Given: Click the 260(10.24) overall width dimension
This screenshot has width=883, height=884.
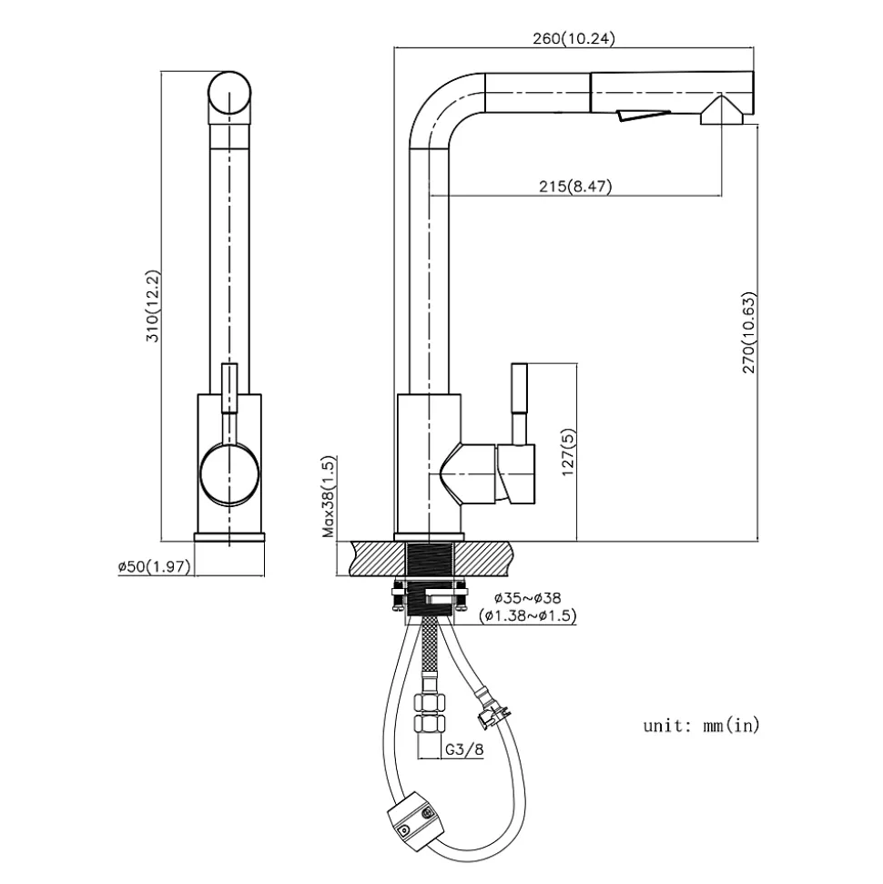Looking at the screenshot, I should click(x=576, y=38).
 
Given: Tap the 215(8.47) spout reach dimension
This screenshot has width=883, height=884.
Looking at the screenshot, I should click(x=575, y=187).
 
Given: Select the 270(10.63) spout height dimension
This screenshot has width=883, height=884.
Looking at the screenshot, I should click(x=749, y=332).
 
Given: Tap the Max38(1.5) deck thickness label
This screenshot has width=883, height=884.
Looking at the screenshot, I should click(x=331, y=497).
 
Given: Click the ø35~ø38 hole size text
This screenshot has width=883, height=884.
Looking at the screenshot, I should click(x=527, y=598).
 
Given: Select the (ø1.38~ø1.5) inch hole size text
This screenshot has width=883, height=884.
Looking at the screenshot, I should click(x=527, y=616).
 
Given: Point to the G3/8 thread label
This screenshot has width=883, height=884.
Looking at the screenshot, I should click(x=464, y=750).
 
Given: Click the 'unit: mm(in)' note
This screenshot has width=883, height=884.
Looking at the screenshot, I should click(x=701, y=726).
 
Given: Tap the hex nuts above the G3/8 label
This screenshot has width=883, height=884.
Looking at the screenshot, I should click(x=429, y=714).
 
